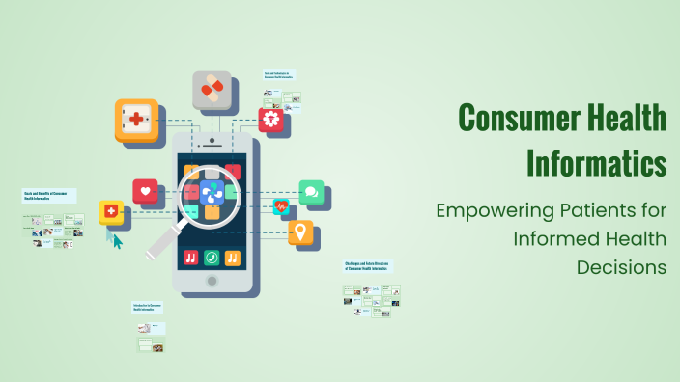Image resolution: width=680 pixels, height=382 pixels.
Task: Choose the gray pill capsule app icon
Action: (x=211, y=89)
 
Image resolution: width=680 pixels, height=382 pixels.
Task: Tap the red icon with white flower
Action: (x=273, y=121)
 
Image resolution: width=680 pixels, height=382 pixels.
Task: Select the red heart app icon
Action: (x=146, y=191)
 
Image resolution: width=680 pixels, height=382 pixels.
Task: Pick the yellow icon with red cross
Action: (x=111, y=211)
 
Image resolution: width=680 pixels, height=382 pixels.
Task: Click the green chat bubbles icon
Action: (x=311, y=192)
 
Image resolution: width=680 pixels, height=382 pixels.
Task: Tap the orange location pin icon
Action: (x=301, y=232)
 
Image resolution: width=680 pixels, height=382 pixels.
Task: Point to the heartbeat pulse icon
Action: (x=280, y=205)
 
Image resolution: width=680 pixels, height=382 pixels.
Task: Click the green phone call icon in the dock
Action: (x=212, y=258)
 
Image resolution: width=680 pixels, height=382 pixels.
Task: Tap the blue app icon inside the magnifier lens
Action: (x=212, y=194)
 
